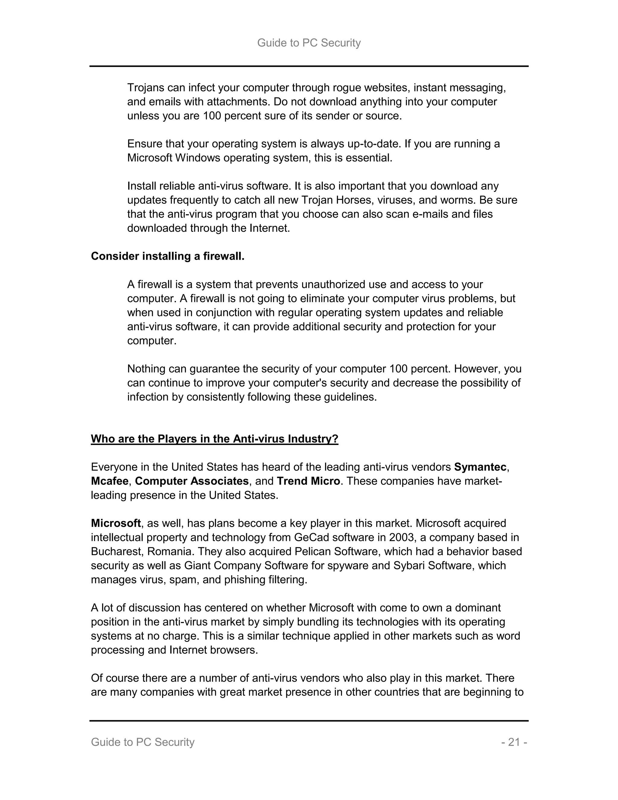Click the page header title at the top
[x=309, y=43]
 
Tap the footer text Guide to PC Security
[x=142, y=742]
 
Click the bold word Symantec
[x=480, y=467]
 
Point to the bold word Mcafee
[x=110, y=481]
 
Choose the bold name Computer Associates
[x=192, y=481]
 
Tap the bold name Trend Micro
[x=308, y=481]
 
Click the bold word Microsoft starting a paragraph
[x=116, y=523]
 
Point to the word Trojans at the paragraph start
[x=145, y=88]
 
